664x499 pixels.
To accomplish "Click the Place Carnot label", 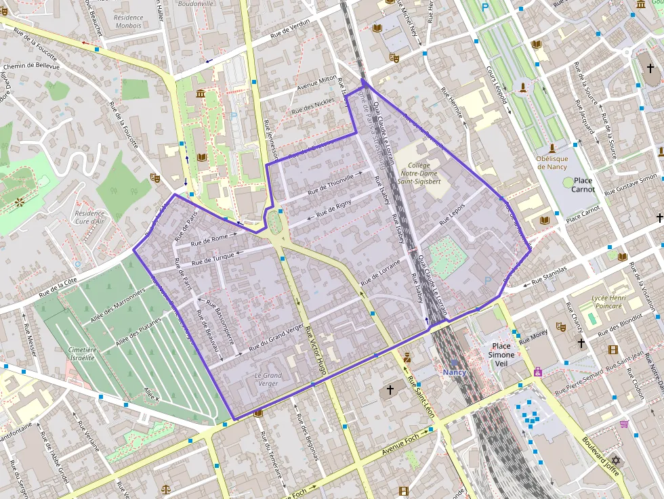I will [583, 185].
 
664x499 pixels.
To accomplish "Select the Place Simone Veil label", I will [502, 354].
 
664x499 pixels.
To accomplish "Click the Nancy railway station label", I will [454, 372].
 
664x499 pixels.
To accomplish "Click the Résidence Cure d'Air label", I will [90, 217].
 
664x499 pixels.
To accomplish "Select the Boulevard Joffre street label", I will [600, 453].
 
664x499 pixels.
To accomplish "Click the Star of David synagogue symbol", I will [615, 460].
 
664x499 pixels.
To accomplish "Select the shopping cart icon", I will [624, 424].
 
